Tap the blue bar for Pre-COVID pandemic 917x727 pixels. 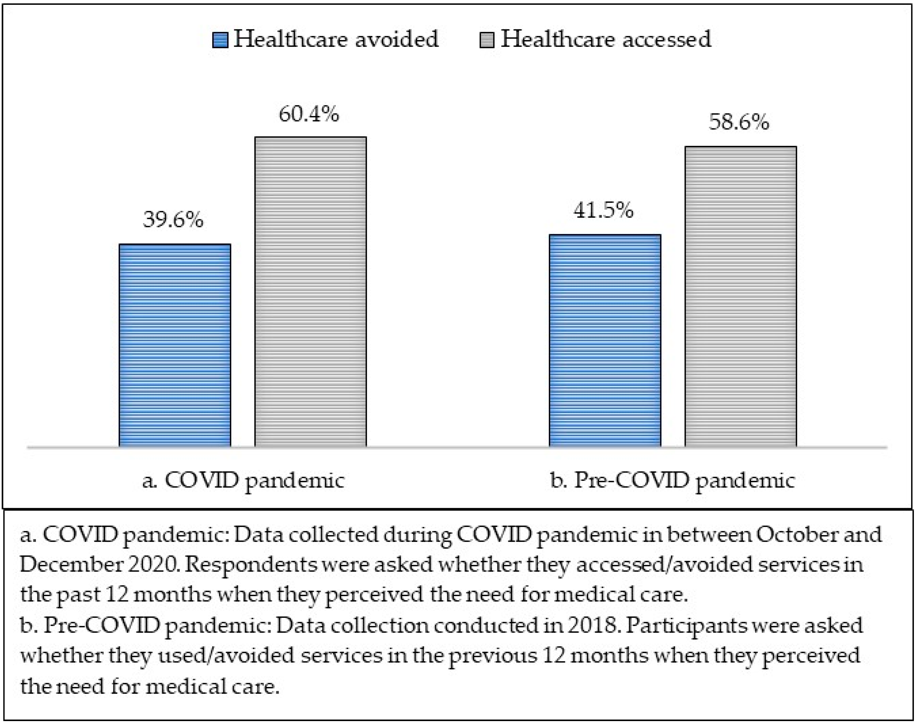tap(605, 340)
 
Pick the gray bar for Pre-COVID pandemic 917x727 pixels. tap(741, 296)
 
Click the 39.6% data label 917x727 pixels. tap(173, 220)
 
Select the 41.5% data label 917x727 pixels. tap(603, 210)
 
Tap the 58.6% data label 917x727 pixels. tap(739, 122)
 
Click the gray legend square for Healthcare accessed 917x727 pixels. tap(487, 40)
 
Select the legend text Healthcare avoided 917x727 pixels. tap(336, 39)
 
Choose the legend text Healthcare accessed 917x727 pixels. tap(606, 39)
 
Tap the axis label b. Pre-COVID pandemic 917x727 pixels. tap(672, 481)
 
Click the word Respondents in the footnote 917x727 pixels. tap(251, 565)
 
